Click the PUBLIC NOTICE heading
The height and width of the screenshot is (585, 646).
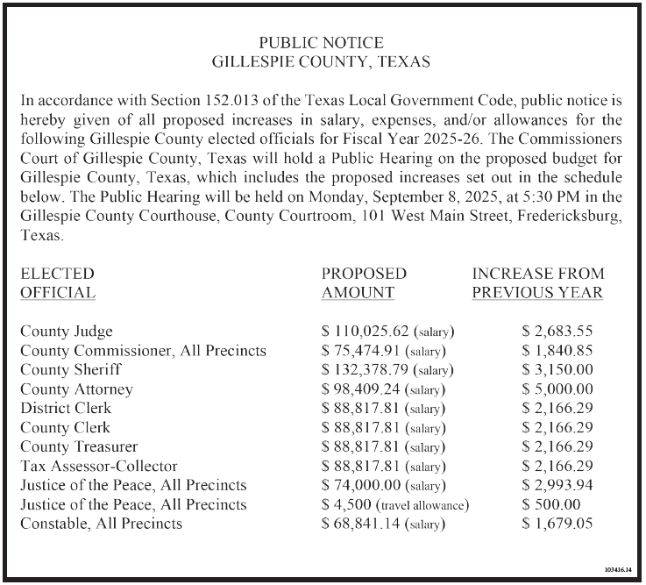322,42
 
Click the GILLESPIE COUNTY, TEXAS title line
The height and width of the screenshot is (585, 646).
322,62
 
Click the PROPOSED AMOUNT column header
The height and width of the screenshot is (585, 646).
364,283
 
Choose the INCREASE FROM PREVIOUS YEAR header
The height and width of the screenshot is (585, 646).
537,283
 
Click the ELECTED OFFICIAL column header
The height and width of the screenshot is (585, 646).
58,283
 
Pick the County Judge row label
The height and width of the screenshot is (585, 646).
67,332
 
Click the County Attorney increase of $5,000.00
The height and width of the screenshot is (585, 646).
557,389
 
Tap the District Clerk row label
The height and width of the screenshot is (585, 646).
66,409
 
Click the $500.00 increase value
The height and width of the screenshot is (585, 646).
550,504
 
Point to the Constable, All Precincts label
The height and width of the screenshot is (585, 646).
102,524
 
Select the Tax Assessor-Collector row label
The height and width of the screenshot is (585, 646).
98,466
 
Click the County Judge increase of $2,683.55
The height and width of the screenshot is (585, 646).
557,332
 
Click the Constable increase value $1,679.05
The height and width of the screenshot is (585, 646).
557,524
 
